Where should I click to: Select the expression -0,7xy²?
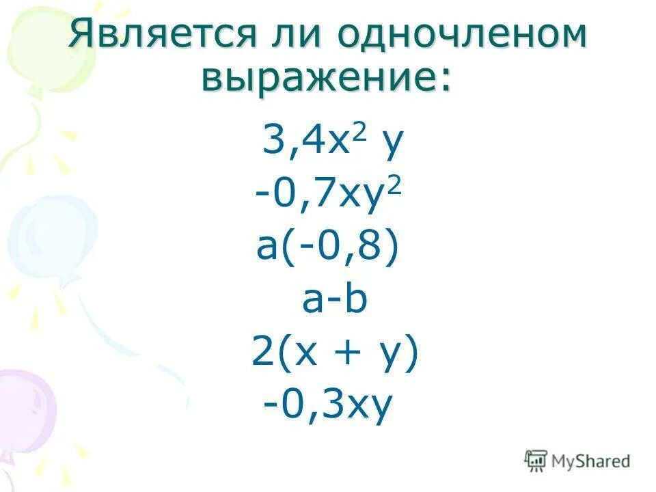327,197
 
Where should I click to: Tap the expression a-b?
335,301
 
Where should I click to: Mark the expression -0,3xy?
327,407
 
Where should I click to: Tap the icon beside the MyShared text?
536,461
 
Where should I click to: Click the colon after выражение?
444,81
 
